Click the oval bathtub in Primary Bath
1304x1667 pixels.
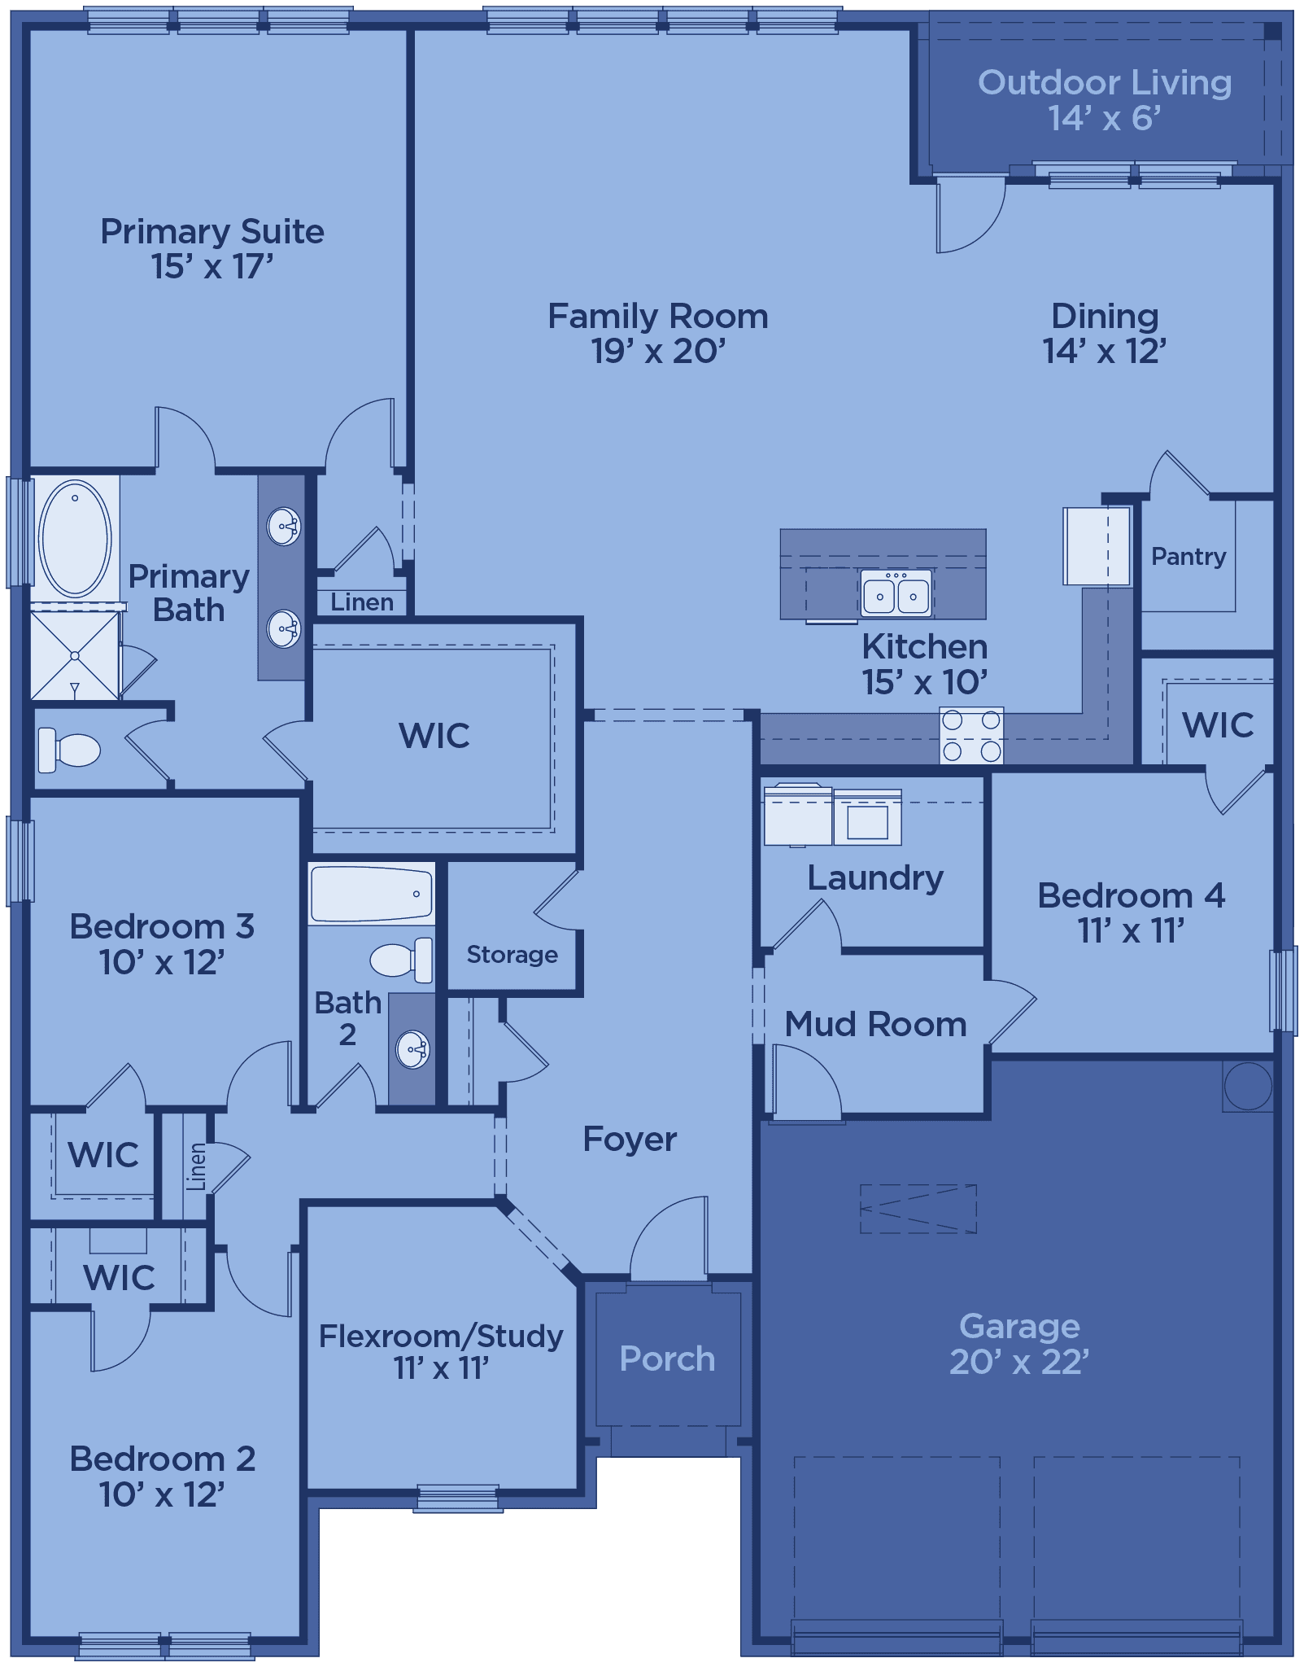(x=75, y=538)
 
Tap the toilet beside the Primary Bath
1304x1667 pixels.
(x=69, y=750)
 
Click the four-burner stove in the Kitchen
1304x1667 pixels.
(x=971, y=735)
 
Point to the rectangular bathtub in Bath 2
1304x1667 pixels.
(x=371, y=894)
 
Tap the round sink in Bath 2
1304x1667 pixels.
(x=412, y=1049)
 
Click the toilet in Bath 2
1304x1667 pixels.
(x=401, y=960)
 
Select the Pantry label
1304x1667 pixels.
(x=1188, y=557)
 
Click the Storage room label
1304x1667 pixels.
(x=512, y=954)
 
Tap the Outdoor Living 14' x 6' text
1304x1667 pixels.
(x=1105, y=100)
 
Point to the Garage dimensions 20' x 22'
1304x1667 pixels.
(x=1019, y=1362)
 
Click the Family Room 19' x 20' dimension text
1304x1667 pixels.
(x=658, y=351)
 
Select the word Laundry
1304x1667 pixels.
(x=875, y=877)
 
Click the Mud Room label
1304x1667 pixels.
(x=875, y=1024)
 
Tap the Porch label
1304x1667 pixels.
(x=667, y=1359)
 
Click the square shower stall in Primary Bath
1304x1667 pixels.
(x=75, y=655)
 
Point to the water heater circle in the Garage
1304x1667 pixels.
(x=1248, y=1086)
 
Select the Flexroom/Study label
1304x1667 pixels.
(x=441, y=1336)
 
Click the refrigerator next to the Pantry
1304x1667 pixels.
(x=1097, y=545)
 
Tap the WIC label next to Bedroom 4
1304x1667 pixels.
(x=1218, y=724)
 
